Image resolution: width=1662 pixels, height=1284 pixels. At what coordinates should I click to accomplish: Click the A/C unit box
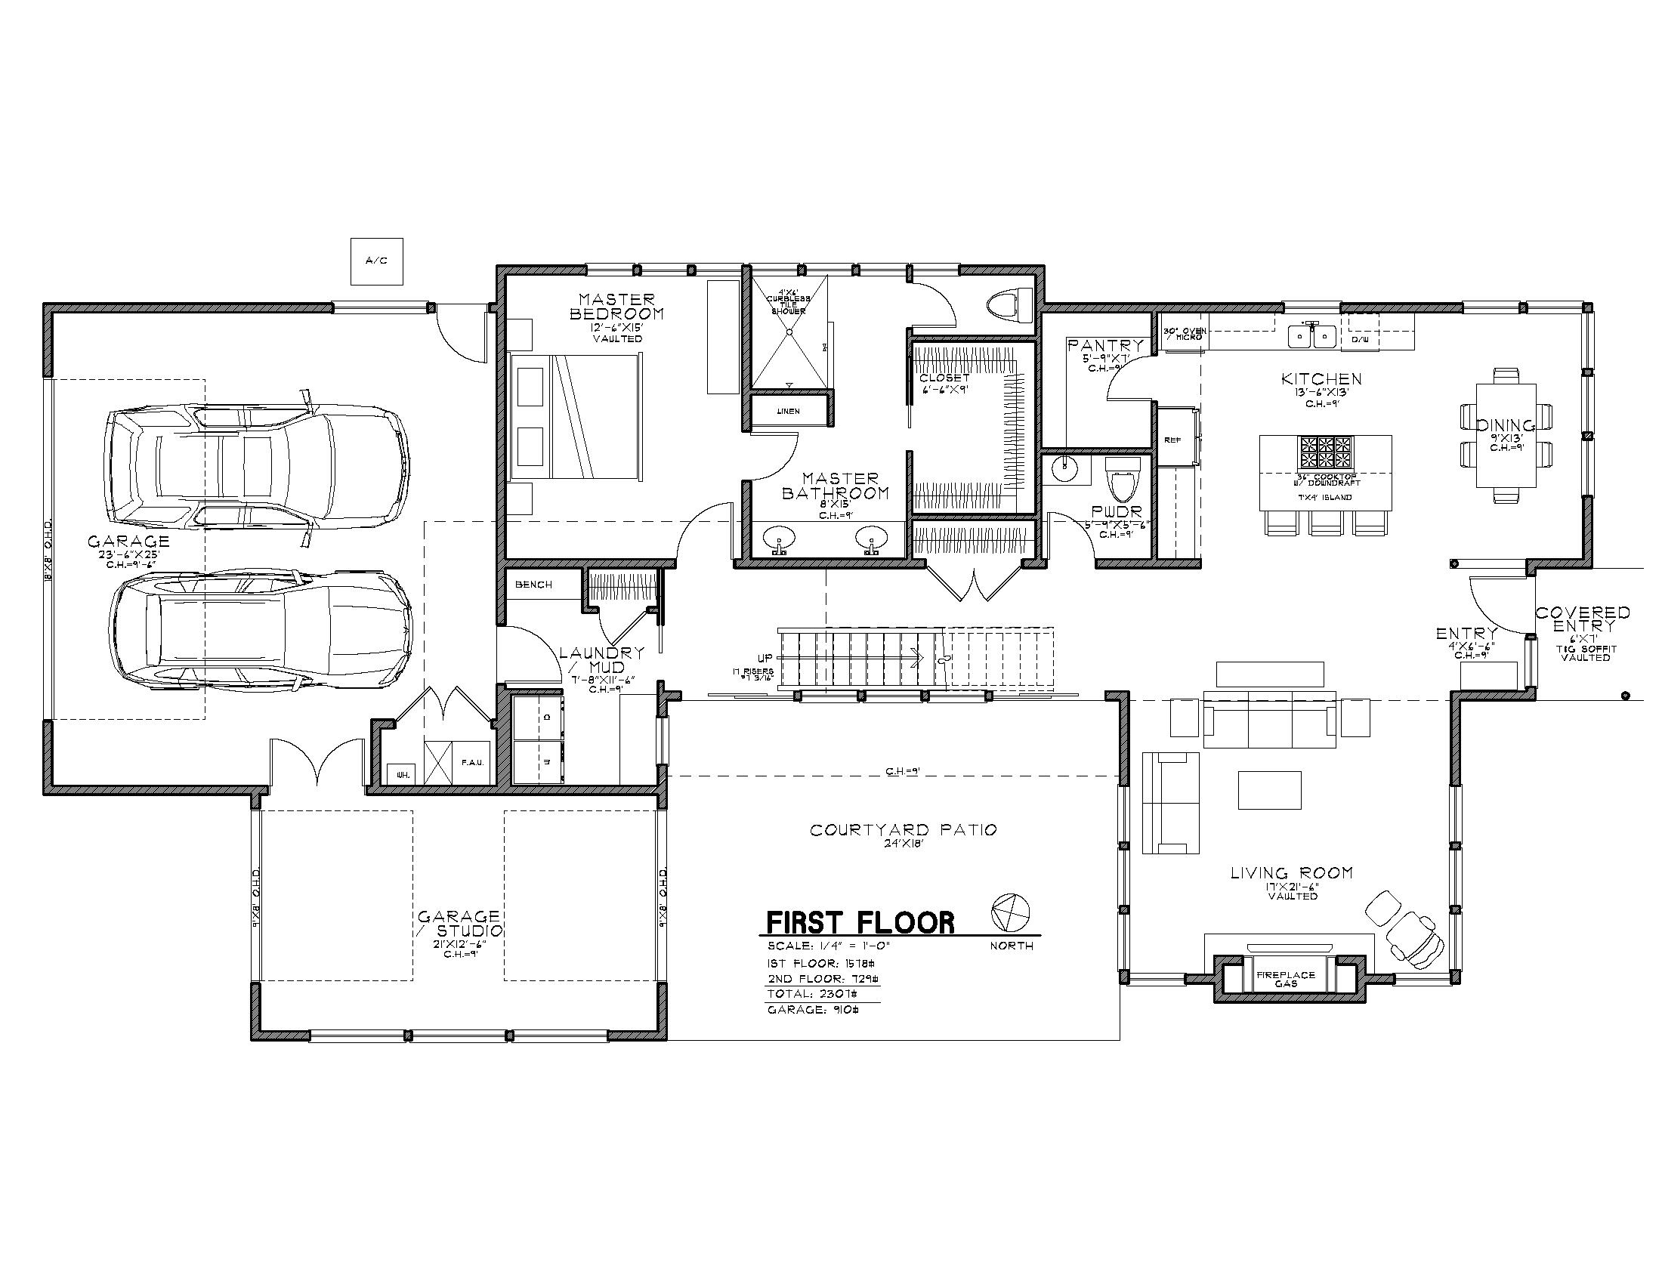pyautogui.click(x=376, y=261)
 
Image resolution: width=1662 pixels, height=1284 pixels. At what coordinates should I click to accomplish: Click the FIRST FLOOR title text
pyautogui.click(x=860, y=923)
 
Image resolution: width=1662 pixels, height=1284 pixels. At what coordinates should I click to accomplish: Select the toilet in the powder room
pyautogui.click(x=1122, y=477)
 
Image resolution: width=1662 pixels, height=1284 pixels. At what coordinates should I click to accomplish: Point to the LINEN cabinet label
pyautogui.click(x=789, y=412)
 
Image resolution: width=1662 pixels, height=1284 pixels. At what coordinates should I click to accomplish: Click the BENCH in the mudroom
pyautogui.click(x=533, y=584)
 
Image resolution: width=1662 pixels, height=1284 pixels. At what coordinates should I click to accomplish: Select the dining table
pyautogui.click(x=1505, y=435)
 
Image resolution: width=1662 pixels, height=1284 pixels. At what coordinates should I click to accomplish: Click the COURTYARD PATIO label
pyautogui.click(x=903, y=830)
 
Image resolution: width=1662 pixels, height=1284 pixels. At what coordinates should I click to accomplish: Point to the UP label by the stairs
pyautogui.click(x=765, y=657)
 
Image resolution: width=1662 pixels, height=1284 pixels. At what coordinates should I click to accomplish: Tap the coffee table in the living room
pyautogui.click(x=1269, y=789)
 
